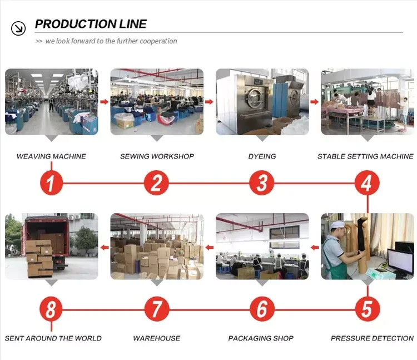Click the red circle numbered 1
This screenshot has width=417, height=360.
(51, 183)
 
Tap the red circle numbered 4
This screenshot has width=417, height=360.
(366, 183)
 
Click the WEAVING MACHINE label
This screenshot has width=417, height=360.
(51, 156)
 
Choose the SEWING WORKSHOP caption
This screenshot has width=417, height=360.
(157, 156)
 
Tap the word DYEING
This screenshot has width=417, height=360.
(262, 156)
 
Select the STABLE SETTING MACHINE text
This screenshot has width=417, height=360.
(365, 156)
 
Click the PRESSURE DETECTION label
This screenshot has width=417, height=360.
(372, 338)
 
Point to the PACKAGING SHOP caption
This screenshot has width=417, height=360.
(261, 338)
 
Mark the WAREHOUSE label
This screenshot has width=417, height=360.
(157, 338)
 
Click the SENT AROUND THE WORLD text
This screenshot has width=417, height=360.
(53, 338)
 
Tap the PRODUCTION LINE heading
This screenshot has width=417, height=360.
(91, 24)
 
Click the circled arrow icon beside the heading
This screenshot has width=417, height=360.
(19, 27)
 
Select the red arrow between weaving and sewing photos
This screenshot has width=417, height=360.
(104, 102)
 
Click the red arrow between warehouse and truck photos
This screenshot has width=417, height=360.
(104, 247)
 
